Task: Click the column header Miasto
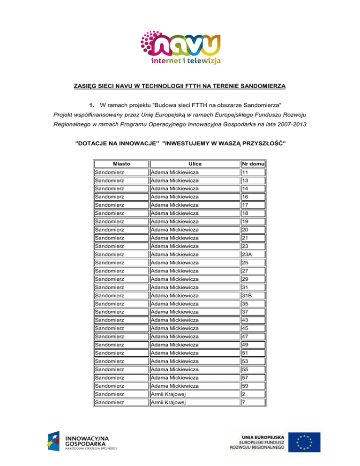(121, 164)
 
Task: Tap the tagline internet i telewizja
(186, 60)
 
